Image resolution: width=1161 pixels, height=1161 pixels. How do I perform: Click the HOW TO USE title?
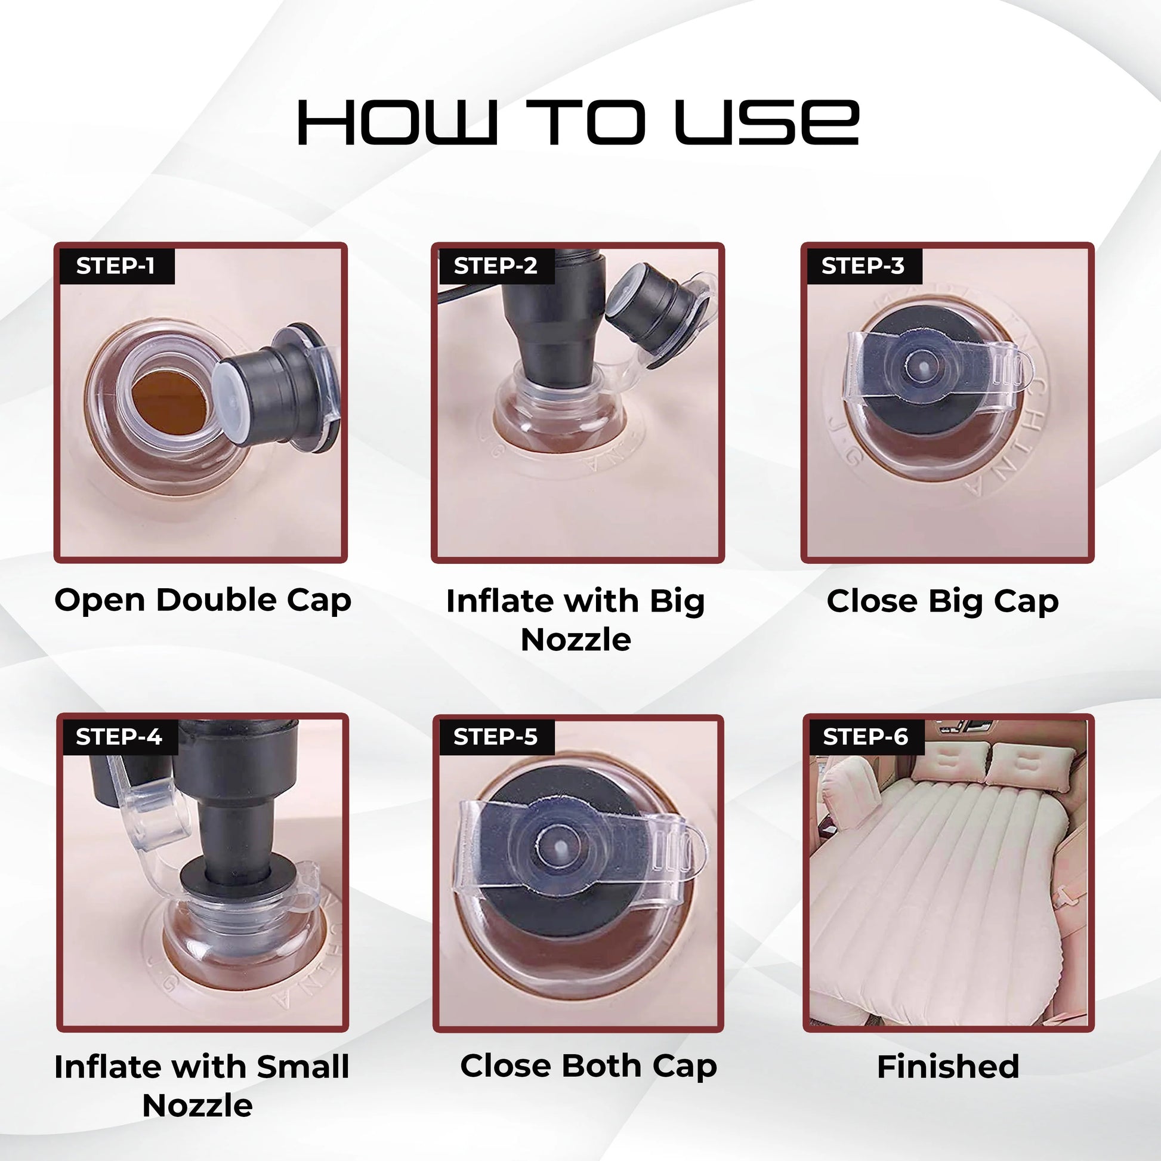click(x=578, y=122)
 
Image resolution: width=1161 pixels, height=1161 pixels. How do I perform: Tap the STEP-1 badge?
click(x=116, y=265)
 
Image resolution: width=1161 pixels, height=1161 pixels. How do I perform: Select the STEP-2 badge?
click(x=496, y=265)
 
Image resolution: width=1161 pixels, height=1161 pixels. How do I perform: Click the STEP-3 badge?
click(x=863, y=265)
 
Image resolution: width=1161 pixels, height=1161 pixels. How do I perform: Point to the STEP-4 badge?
click(x=119, y=737)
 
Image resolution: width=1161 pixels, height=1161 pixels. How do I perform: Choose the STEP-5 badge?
click(x=496, y=737)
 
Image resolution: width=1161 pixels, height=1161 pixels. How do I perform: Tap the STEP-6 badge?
click(x=866, y=737)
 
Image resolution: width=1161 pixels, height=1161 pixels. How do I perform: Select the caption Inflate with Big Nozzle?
click(x=576, y=620)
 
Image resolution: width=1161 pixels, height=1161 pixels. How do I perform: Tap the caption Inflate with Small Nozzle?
click(x=201, y=1086)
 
